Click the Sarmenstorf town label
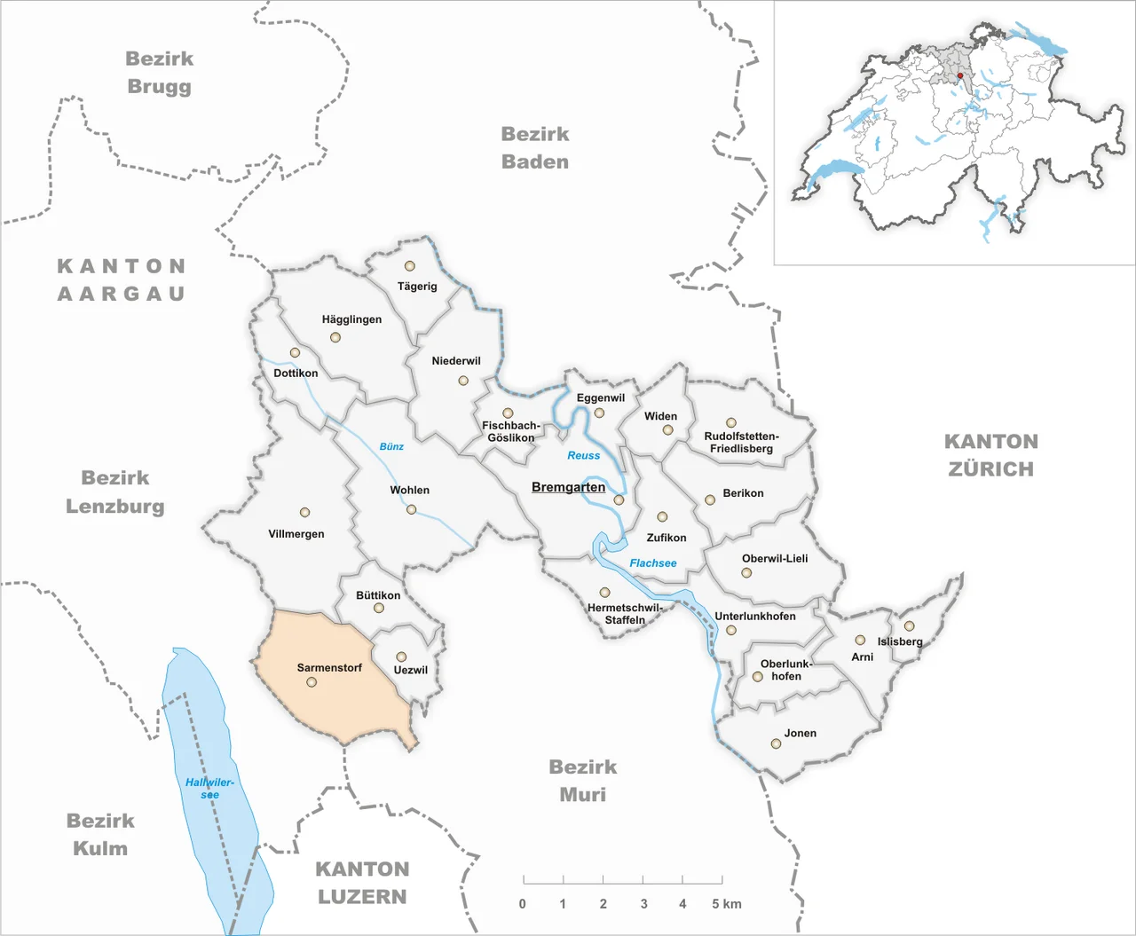329,667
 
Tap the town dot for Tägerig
409,266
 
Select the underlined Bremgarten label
568,487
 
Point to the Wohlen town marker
411,509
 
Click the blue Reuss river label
584,455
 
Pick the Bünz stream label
391,446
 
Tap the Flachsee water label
653,563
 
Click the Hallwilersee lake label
209,789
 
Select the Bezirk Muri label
582,781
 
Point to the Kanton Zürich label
990,455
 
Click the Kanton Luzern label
362,883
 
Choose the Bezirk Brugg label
159,73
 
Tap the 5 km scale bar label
726,904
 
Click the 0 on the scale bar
522,904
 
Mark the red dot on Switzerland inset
960,76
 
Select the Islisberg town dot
909,626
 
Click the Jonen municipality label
800,733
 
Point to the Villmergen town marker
304,513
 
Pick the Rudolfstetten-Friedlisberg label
741,442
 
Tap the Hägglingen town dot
335,337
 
